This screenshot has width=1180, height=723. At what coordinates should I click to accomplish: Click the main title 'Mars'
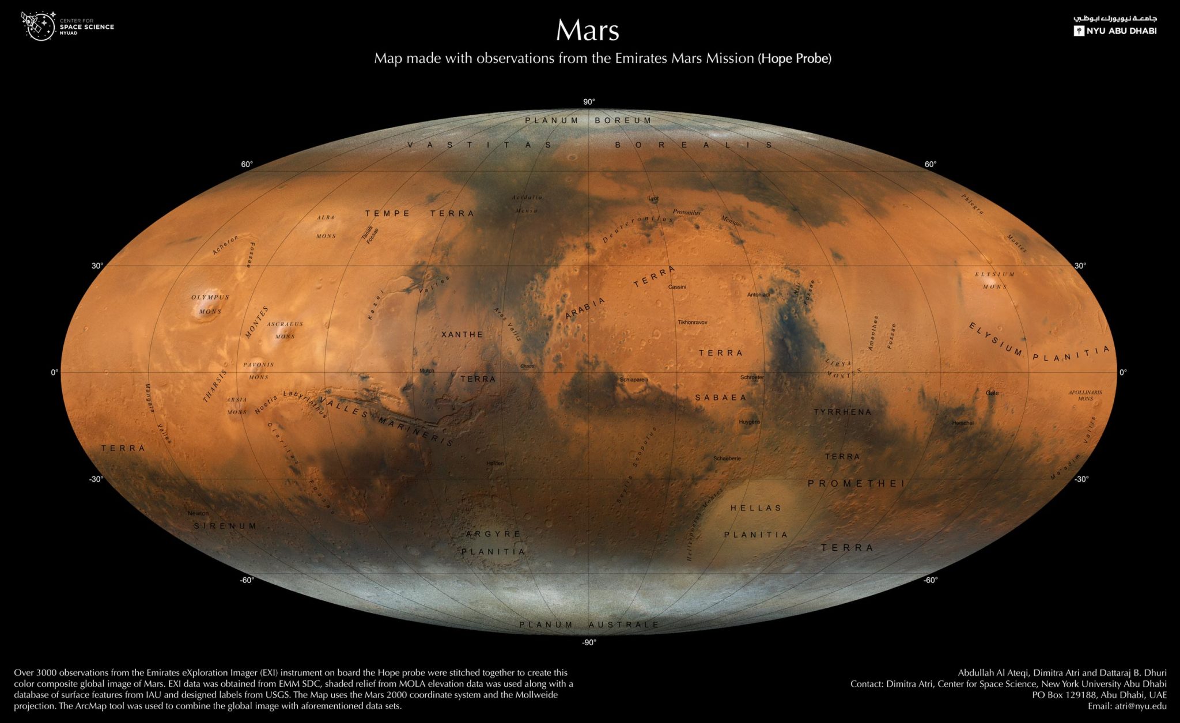pos(587,31)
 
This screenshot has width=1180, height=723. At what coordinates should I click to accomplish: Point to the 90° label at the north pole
pos(589,102)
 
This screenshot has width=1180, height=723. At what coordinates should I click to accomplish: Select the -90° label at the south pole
pos(589,642)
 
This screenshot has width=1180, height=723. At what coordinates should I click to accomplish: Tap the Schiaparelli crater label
pos(634,380)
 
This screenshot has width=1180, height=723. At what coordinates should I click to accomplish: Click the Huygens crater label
pos(750,422)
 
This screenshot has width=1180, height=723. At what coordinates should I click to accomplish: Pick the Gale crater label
pos(992,393)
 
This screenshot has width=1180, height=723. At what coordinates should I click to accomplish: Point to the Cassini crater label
pos(677,287)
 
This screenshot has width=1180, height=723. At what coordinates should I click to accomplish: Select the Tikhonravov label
pos(693,322)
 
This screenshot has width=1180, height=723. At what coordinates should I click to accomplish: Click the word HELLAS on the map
pos(756,508)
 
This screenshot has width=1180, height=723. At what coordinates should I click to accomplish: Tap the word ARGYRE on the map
pos(493,534)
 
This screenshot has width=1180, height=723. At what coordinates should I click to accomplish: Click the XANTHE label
pos(462,334)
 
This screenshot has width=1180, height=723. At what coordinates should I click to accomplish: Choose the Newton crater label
pos(198,513)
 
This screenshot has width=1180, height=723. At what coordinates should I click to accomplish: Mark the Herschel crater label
pos(963,423)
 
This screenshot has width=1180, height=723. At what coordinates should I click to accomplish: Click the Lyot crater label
pos(653,199)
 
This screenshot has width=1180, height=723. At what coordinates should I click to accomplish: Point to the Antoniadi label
pos(758,295)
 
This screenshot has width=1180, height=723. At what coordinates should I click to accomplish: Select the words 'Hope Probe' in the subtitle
pos(795,59)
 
